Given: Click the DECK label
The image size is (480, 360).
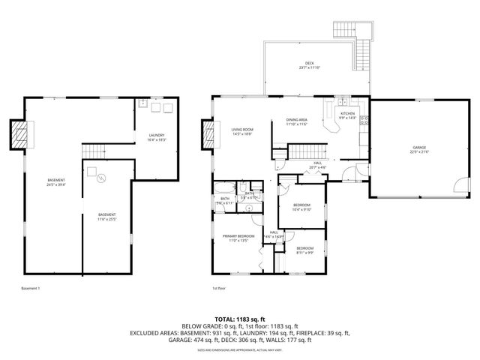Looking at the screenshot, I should (x=309, y=63).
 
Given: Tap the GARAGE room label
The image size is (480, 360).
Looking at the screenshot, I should (x=418, y=147).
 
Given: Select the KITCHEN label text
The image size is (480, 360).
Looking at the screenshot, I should (x=347, y=113).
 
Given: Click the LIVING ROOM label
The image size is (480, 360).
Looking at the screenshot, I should (x=241, y=130).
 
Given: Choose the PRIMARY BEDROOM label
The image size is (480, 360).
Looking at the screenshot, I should (x=238, y=235).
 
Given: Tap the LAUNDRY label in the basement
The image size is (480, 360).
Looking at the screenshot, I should (x=157, y=135).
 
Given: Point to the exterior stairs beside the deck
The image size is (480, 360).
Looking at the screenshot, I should (x=364, y=52).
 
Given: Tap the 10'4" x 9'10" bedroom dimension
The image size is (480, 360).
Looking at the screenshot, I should (x=301, y=209).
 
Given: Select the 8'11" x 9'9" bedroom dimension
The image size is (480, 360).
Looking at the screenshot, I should (x=304, y=253).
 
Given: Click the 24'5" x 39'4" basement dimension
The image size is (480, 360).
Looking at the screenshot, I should (x=56, y=184).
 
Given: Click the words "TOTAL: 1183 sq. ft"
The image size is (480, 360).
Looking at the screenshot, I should (x=240, y=319).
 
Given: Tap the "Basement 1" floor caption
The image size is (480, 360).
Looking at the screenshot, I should (x=30, y=288).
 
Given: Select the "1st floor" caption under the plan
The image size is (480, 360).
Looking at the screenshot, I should (x=219, y=288).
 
